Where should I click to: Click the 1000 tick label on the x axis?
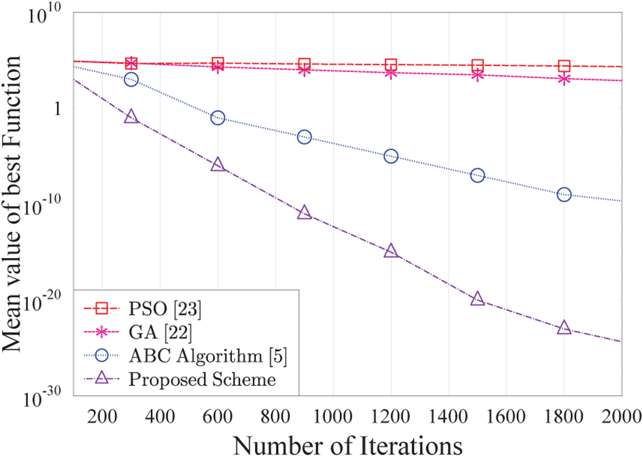[333, 416]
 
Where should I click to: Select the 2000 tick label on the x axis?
[621, 416]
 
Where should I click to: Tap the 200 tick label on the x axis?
[102, 416]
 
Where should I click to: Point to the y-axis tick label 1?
[58, 108]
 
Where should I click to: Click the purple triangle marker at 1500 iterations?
[477, 299]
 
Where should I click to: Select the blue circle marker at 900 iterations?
[304, 137]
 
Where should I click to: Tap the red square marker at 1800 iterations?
[564, 66]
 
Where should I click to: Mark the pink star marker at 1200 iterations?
[391, 73]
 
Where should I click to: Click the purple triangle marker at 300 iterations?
[131, 117]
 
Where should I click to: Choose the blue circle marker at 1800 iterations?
[564, 195]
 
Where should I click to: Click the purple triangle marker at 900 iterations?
[304, 213]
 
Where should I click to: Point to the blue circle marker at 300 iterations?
[131, 79]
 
